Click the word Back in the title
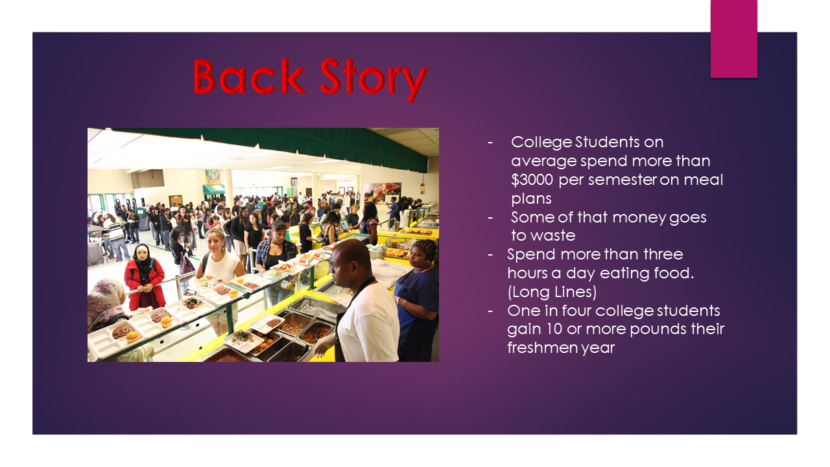click(248, 77)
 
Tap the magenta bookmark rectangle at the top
click(733, 38)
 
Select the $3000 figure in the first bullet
click(532, 180)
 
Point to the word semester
click(622, 180)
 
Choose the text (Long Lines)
click(552, 292)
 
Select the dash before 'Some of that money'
click(490, 217)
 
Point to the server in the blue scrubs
click(417, 300)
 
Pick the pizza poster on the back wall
click(383, 193)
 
